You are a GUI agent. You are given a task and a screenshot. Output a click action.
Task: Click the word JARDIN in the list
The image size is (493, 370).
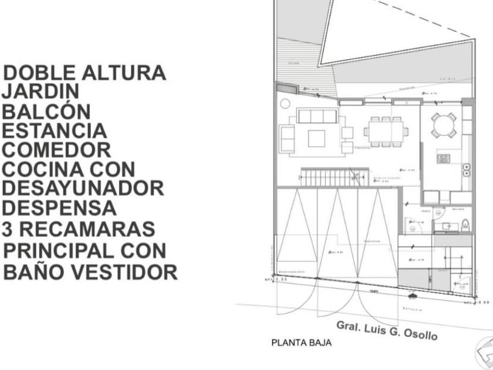tap(41, 92)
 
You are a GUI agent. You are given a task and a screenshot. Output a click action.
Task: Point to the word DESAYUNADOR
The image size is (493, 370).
tap(83, 189)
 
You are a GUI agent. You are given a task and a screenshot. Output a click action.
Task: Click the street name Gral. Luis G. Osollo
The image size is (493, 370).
tap(387, 331)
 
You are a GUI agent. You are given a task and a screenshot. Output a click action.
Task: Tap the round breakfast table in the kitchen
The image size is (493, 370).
tap(444, 125)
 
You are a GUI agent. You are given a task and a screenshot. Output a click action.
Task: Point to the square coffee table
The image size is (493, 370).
tap(316, 137)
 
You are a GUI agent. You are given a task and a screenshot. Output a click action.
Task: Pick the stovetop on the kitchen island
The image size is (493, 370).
tap(443, 159)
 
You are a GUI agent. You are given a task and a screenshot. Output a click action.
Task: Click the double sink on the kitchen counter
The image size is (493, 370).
tap(467, 170)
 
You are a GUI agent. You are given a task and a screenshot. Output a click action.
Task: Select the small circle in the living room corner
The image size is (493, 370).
tap(285, 103)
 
